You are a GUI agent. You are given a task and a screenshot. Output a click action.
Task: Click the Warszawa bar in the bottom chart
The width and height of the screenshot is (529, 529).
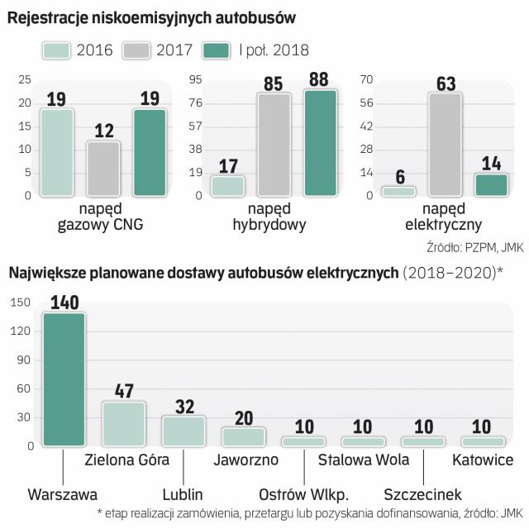(64, 379)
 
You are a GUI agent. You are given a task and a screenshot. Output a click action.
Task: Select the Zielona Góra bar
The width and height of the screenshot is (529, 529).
(124, 424)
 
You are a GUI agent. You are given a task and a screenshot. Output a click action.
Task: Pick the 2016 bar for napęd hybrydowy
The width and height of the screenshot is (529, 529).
(228, 186)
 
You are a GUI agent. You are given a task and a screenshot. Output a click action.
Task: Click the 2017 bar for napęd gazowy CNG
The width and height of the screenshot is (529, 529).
(103, 169)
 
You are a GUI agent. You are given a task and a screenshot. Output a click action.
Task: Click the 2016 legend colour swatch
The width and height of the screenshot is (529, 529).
(57, 50)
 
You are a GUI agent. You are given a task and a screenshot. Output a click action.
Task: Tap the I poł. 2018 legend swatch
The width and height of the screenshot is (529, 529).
(220, 50)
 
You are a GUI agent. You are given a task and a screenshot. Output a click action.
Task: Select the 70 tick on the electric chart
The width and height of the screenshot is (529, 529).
(368, 80)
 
